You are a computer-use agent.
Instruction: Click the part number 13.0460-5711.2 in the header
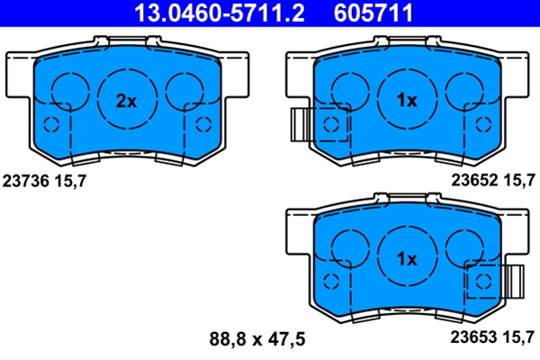coord(220,13)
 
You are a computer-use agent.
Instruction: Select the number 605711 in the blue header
coord(373,13)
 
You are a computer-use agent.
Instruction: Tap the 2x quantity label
coord(126,101)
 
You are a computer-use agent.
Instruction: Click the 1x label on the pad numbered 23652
coord(407,100)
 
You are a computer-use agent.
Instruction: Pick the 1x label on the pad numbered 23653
coord(407,258)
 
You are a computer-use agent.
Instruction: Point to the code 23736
coord(26,181)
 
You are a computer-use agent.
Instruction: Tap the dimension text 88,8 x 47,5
coord(257,339)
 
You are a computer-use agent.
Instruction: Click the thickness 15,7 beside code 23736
coord(70,181)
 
